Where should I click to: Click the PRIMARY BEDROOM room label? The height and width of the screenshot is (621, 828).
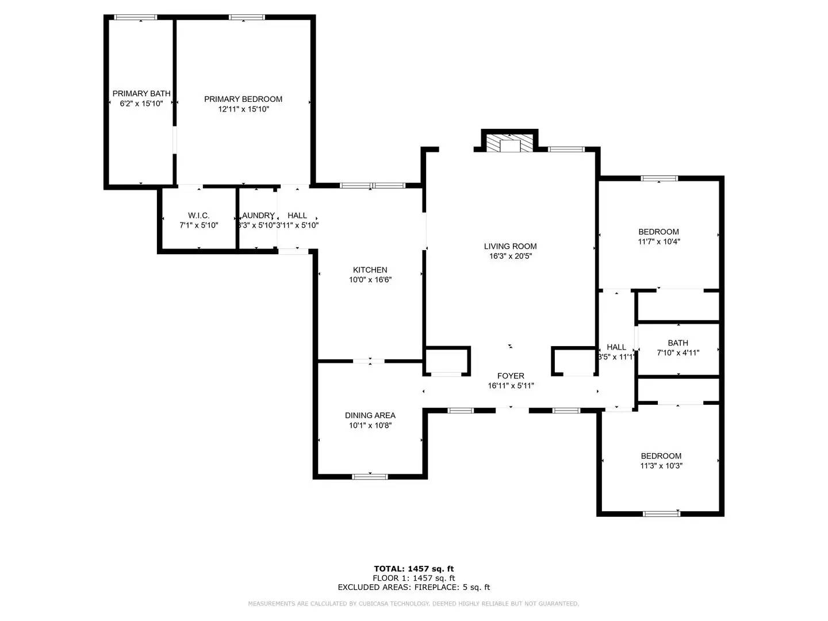(243, 99)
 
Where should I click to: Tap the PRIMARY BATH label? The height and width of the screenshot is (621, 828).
(141, 93)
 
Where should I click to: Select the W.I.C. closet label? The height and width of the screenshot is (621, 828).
(198, 216)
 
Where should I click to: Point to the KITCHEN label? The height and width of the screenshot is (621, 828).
(370, 270)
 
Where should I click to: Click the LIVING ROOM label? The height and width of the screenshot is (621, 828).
(510, 246)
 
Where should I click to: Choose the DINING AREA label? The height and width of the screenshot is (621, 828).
(370, 415)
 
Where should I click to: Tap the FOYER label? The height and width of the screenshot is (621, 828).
(511, 376)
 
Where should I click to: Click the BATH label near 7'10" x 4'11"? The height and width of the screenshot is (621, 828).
(678, 343)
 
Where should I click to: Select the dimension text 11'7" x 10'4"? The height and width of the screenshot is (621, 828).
(659, 241)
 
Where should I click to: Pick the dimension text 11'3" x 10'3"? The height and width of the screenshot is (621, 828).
(661, 466)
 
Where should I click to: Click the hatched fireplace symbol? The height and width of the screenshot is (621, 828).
(509, 143)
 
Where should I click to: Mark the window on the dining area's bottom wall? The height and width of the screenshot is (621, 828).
(370, 476)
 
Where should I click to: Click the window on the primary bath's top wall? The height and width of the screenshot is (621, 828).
(136, 17)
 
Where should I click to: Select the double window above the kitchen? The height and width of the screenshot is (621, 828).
(373, 185)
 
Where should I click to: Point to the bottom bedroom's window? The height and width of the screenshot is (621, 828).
(661, 513)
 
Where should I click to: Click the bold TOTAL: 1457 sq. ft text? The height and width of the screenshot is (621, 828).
(413, 569)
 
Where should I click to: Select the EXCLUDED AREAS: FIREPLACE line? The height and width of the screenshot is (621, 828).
(413, 587)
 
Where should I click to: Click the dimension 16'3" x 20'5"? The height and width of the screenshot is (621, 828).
(510, 256)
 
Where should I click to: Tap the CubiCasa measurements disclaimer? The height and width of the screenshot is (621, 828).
(413, 604)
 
